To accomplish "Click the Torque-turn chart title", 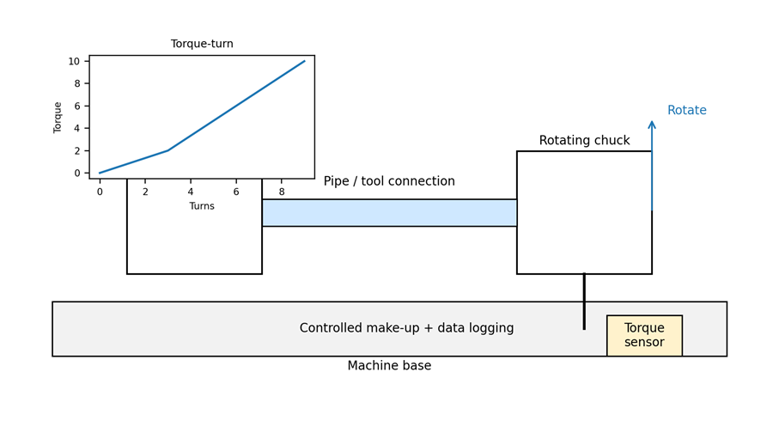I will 202,44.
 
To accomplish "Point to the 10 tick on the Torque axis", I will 74,61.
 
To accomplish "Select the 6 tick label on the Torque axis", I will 77,107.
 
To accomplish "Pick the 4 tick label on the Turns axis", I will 191,192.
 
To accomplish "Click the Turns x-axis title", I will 202,206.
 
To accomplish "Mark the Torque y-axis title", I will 58,117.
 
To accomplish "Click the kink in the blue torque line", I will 167,150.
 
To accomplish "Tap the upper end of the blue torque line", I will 304,61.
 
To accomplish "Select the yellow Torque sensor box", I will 644,335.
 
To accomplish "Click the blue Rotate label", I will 686,111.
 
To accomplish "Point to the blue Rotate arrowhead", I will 652,125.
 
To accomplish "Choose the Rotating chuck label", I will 584,141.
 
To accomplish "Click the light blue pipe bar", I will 389,213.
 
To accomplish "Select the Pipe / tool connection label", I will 389,181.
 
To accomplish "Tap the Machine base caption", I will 389,366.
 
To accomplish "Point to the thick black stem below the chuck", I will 584,301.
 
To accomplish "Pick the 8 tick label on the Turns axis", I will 282,192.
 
